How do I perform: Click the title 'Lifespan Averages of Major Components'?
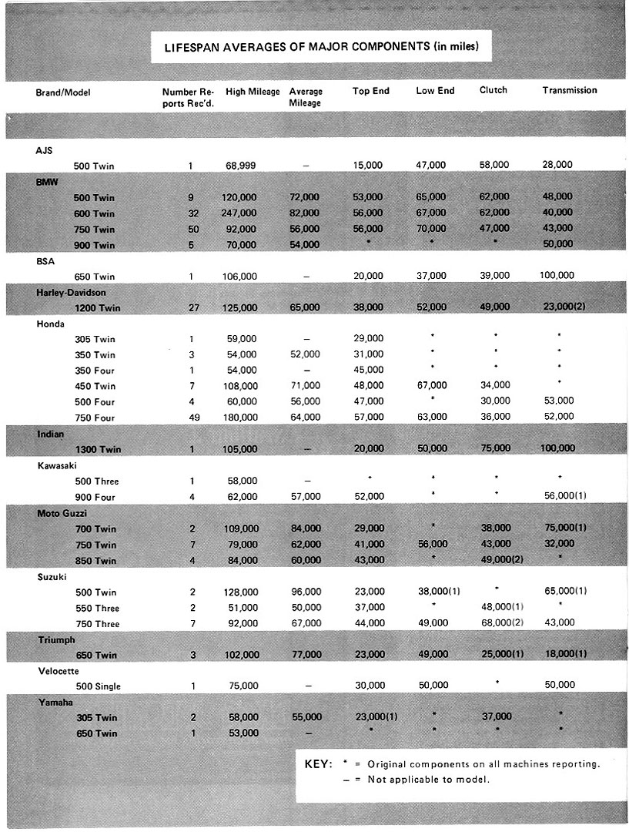point(322,47)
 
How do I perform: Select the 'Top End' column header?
point(371,91)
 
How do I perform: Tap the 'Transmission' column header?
point(570,91)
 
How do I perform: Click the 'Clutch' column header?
point(493,91)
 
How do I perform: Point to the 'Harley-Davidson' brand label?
point(70,290)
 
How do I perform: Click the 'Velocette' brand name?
point(59,670)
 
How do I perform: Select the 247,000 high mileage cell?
point(242,213)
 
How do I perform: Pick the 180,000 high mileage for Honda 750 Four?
point(242,418)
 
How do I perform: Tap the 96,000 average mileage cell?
point(305,592)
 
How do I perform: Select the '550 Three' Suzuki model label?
point(98,608)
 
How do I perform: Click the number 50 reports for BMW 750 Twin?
point(191,228)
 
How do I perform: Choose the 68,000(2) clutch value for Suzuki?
point(501,623)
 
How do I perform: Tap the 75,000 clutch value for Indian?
point(493,448)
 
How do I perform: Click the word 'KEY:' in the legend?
point(319,764)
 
